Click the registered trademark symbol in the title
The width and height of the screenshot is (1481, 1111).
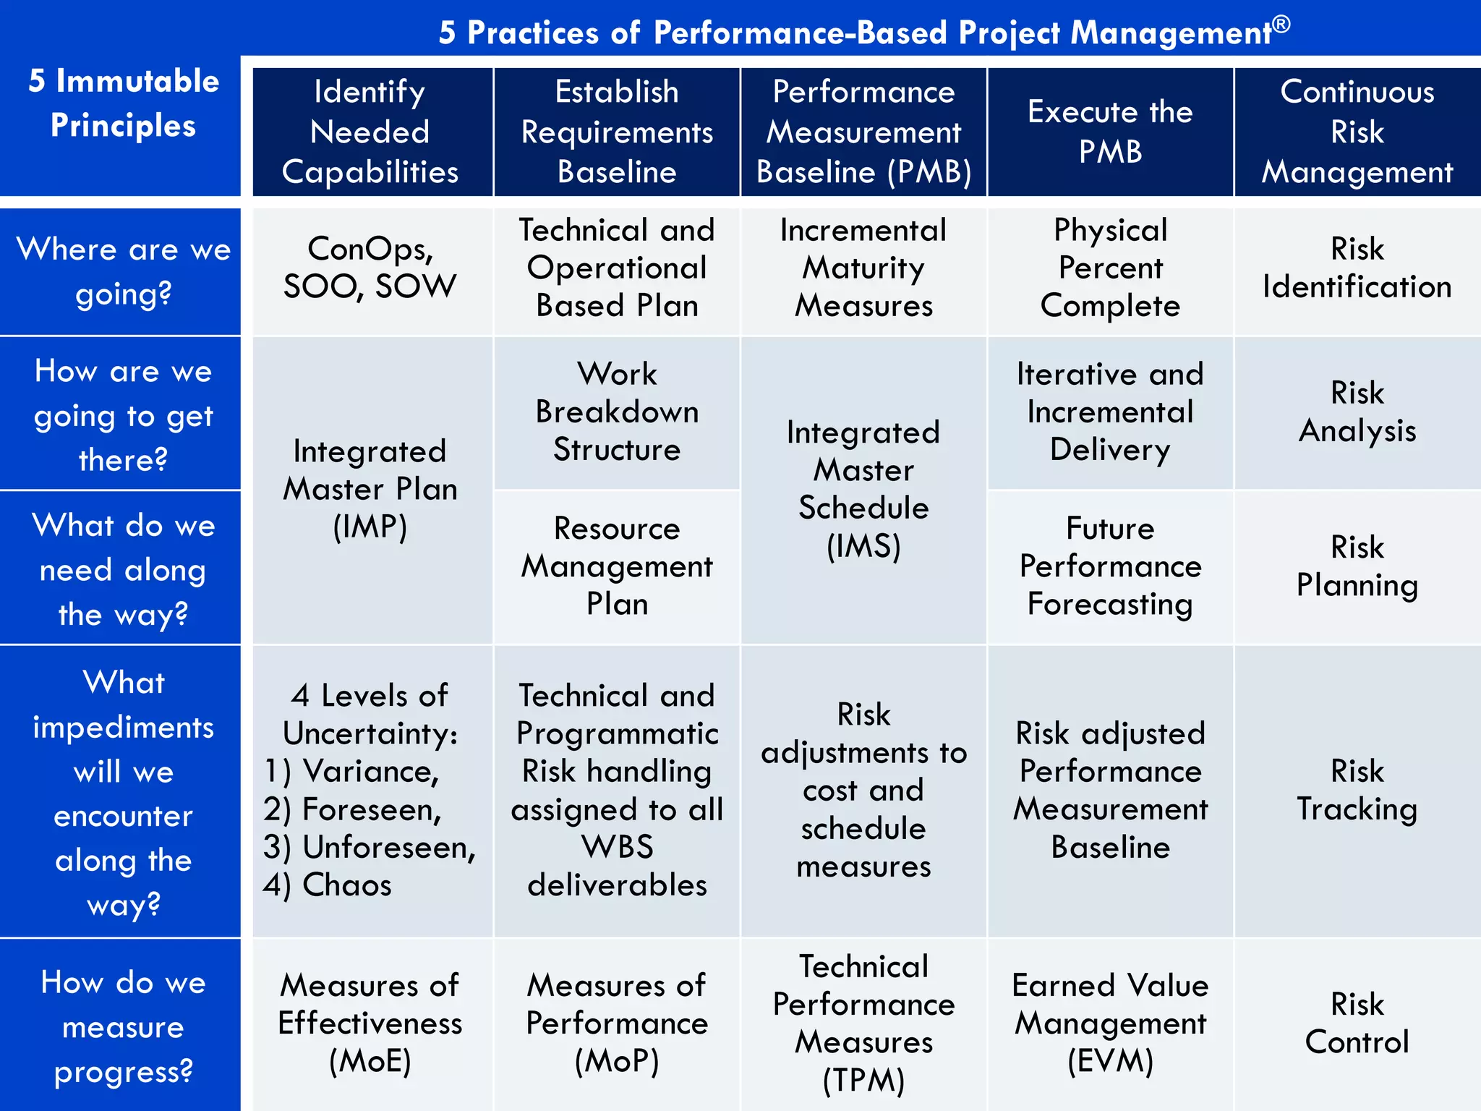coord(1281,24)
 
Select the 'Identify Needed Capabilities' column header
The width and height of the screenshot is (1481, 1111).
coord(371,132)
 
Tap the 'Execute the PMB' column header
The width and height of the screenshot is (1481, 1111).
coord(1110,132)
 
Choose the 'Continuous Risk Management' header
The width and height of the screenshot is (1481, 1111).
coord(1357,132)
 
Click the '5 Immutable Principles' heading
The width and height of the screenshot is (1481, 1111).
coord(123,103)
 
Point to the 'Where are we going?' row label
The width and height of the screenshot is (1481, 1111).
coord(123,271)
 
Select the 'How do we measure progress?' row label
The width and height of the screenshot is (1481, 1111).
coord(123,1026)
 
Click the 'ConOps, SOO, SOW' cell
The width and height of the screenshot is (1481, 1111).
coord(371,268)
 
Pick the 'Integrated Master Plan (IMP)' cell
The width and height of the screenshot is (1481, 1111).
coord(371,489)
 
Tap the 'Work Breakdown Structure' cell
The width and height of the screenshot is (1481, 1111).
coord(617,412)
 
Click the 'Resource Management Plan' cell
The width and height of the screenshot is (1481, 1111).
coord(617,566)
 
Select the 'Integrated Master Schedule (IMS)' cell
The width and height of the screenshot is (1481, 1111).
coord(863,489)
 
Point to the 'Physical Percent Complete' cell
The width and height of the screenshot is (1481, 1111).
coord(1110,268)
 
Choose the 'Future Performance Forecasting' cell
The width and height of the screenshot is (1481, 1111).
coord(1110,566)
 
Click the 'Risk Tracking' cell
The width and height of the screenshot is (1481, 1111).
coord(1357,790)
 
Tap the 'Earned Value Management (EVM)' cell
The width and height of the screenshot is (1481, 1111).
coord(1110,1023)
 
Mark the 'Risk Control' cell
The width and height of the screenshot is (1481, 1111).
coord(1357,1023)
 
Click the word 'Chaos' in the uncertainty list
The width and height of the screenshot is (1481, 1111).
coord(347,885)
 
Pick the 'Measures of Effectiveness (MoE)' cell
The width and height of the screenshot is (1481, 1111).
coord(371,1023)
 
